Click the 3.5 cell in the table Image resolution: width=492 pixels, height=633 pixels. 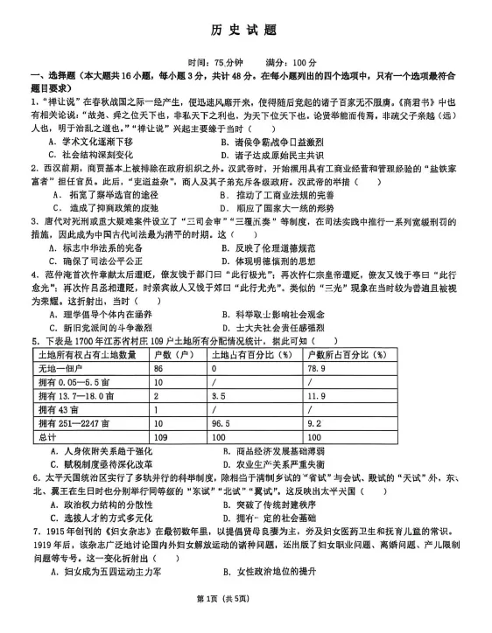(218, 396)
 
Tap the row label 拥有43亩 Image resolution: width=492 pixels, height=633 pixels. (58, 408)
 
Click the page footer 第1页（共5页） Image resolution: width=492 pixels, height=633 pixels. (246, 622)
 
